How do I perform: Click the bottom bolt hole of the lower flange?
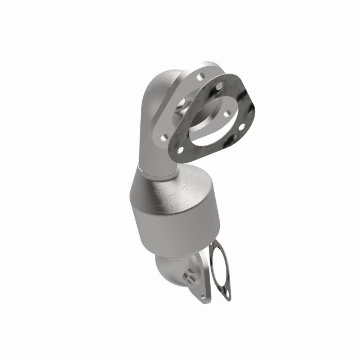204,296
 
